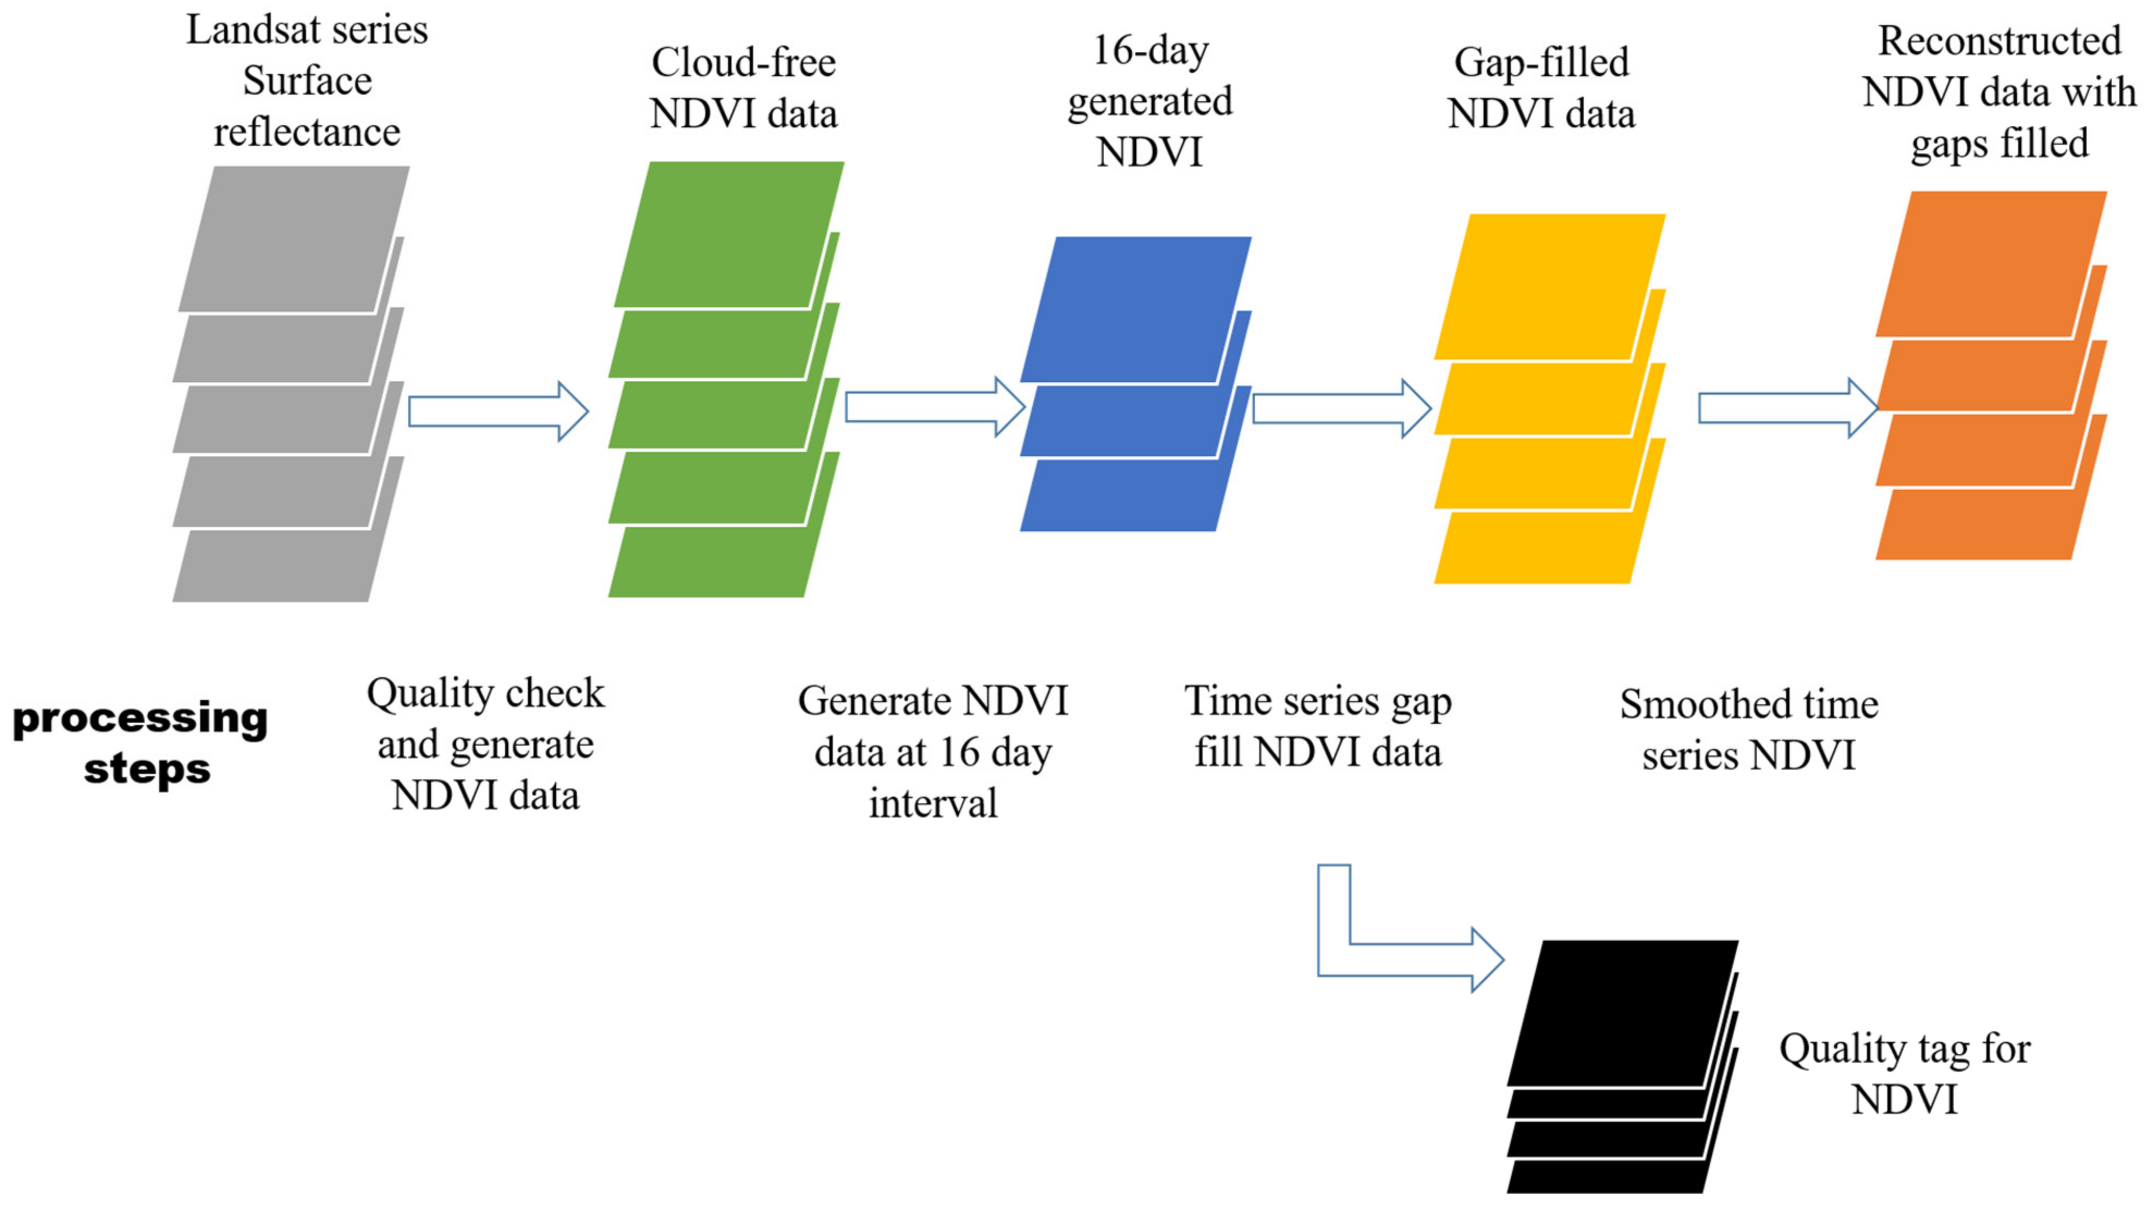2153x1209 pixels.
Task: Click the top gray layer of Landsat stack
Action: [x=293, y=239]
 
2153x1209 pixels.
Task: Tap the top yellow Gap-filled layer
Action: [x=1549, y=287]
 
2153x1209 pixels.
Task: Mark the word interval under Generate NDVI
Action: [x=933, y=803]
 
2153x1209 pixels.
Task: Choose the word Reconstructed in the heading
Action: [x=1999, y=41]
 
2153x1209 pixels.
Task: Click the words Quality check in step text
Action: [x=485, y=693]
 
